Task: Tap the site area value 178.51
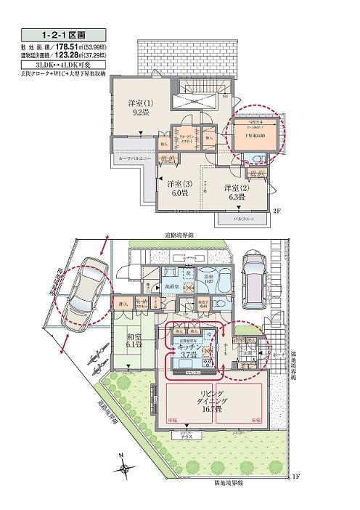(x=72, y=46)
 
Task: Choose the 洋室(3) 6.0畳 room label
(x=178, y=188)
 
